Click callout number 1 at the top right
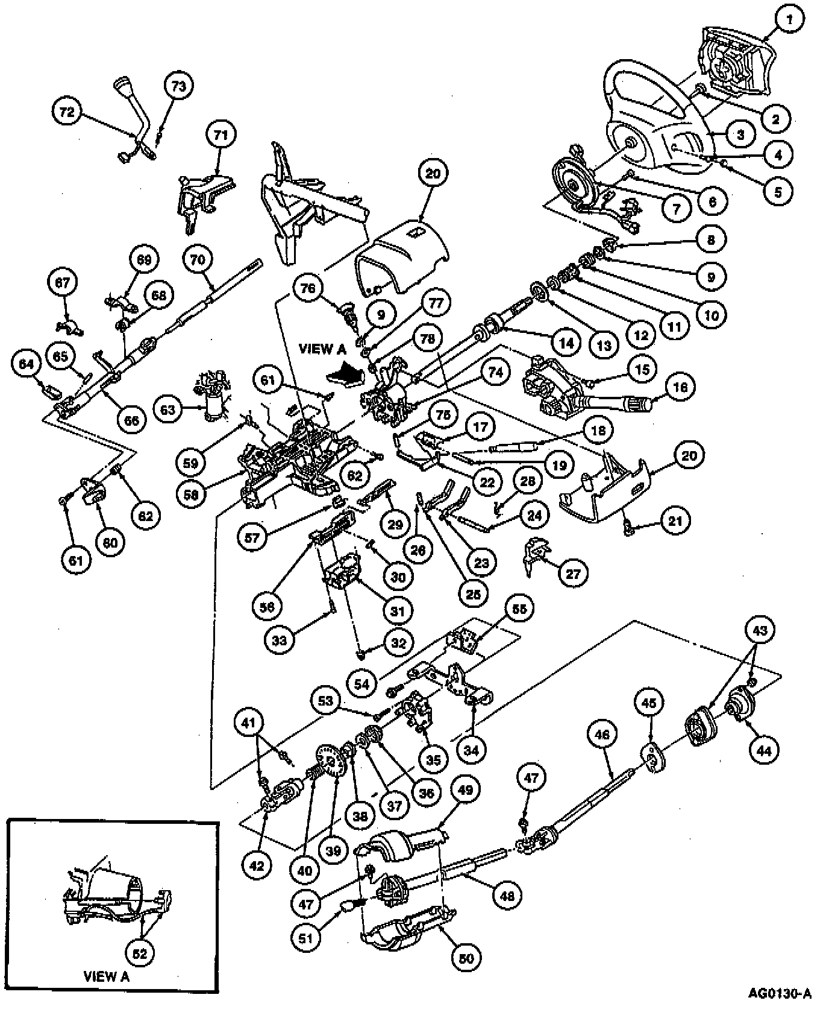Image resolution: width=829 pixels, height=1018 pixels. [x=788, y=21]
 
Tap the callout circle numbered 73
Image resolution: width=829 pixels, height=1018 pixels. [x=179, y=87]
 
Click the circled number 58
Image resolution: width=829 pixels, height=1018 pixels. [x=190, y=493]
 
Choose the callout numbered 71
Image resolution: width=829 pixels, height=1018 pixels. [x=221, y=135]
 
